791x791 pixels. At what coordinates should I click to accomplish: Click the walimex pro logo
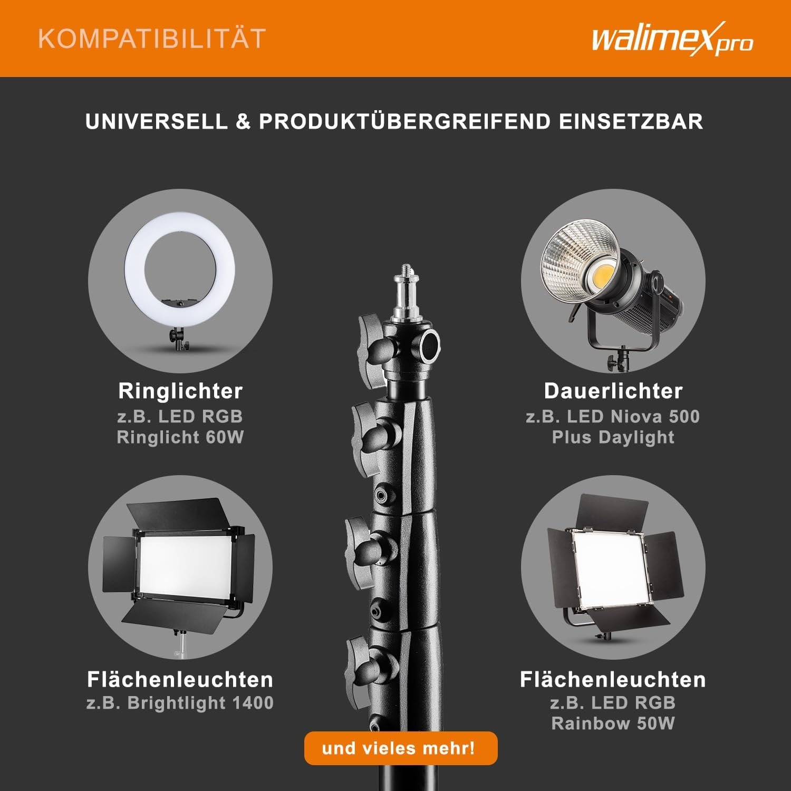(x=672, y=39)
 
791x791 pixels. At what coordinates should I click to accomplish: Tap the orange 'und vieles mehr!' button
(x=400, y=748)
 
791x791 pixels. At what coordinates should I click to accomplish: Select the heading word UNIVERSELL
(x=157, y=122)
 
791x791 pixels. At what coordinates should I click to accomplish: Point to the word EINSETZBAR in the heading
(x=631, y=122)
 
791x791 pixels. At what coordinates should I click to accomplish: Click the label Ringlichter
(x=180, y=391)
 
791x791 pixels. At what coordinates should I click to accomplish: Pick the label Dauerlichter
(x=613, y=391)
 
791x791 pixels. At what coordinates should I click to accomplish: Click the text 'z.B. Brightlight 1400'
(x=180, y=703)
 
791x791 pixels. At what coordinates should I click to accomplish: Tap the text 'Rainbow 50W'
(x=613, y=724)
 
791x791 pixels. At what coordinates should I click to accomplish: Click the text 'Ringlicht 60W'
(x=180, y=438)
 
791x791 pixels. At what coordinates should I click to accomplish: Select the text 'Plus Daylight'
(x=613, y=438)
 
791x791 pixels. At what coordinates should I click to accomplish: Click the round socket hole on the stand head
(x=429, y=345)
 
